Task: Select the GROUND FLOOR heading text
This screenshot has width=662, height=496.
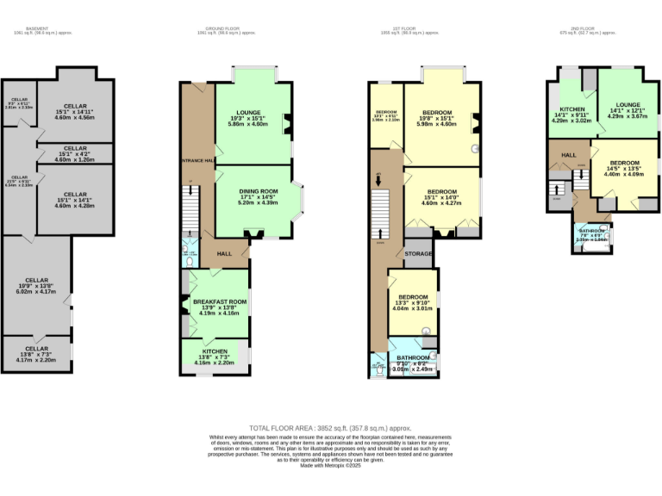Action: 225,28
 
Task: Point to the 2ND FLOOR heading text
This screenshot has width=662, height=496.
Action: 583,28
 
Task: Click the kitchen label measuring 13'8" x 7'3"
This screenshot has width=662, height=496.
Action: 215,351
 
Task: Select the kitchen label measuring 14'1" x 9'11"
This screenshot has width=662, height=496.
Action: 573,109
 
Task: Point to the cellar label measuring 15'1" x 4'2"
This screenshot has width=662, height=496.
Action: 76,148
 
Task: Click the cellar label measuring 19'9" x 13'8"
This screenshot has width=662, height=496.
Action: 36,280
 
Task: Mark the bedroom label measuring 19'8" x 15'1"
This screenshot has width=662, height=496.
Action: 438,113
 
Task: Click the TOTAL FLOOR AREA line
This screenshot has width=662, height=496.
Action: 330,428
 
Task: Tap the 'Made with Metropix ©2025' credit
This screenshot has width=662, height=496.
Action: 330,465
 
